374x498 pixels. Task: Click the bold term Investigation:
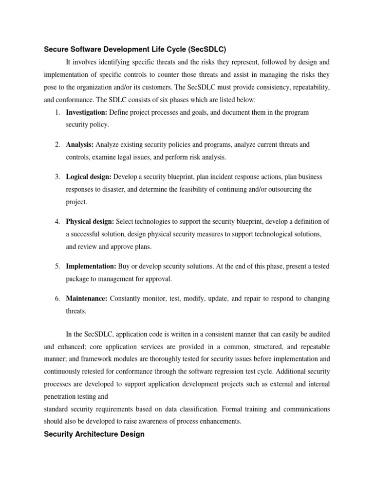coord(87,112)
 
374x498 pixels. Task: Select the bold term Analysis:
coord(80,144)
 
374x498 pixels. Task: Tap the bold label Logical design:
coord(89,176)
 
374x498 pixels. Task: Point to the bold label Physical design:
coord(90,221)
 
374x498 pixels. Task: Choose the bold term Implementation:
coord(91,267)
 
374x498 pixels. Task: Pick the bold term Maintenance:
coord(86,299)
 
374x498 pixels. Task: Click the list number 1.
coord(57,112)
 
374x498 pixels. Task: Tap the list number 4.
coord(57,221)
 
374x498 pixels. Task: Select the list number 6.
coord(57,299)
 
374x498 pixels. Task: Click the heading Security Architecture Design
coord(94,434)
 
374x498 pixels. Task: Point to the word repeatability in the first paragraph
coord(309,87)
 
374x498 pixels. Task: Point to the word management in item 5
coord(111,279)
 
